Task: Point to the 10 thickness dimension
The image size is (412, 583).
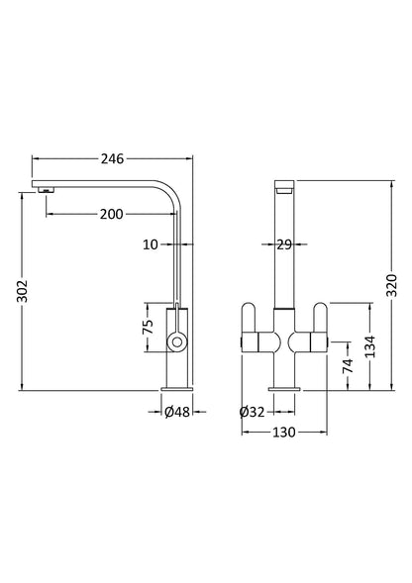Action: click(150, 243)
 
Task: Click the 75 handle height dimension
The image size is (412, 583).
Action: click(147, 326)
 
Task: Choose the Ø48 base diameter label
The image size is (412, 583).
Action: click(179, 412)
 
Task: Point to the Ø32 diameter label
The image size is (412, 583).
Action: click(252, 412)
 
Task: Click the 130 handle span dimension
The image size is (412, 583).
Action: click(283, 433)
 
